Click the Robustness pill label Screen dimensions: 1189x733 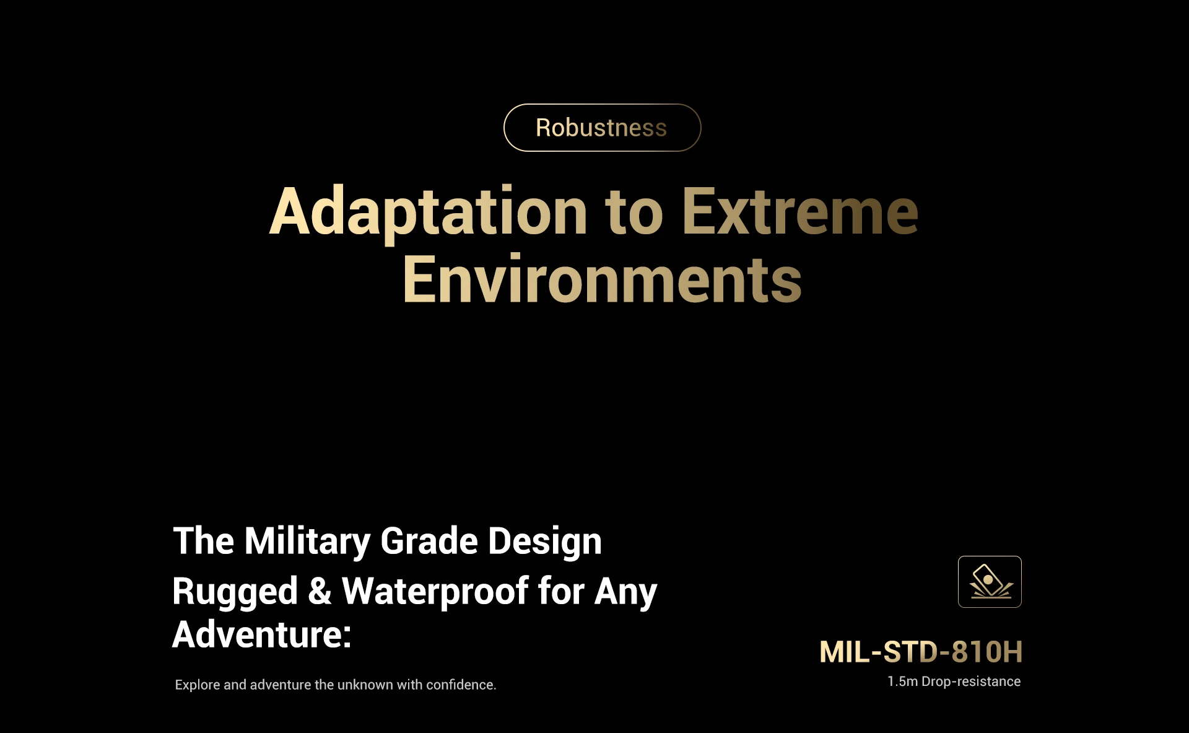tap(601, 128)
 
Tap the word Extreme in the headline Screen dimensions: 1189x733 tap(800, 212)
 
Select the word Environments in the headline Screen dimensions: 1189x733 tap(602, 279)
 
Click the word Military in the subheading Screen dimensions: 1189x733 tap(307, 541)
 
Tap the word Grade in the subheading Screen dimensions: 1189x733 tap(429, 541)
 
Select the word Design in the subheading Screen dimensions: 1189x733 tap(545, 541)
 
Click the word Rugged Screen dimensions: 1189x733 tap(235, 591)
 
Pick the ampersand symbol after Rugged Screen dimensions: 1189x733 tap(320, 591)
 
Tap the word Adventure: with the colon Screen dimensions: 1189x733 tap(262, 634)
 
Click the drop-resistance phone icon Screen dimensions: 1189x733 tap(990, 582)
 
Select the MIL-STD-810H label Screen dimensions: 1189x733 tap(921, 652)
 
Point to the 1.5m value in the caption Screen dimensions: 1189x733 tap(902, 682)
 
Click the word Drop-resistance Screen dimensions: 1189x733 tap(971, 682)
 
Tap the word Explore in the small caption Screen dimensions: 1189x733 tap(198, 685)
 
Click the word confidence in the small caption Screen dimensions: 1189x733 tap(461, 685)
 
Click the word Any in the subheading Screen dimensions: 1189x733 tap(625, 591)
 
